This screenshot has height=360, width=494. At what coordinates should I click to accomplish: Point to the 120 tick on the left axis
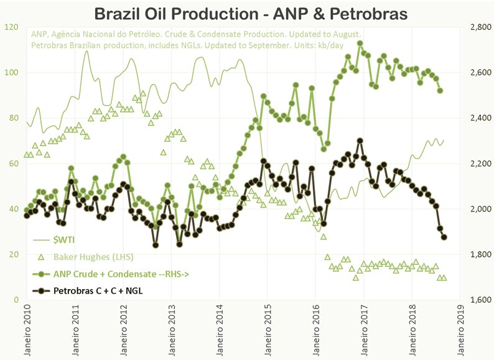11,27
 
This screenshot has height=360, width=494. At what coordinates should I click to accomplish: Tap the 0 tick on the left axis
15,300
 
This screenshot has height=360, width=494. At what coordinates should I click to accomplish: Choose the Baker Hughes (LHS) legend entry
90,256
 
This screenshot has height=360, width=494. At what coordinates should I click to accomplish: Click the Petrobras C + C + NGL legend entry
99,290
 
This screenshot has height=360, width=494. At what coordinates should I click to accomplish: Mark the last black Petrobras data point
444,236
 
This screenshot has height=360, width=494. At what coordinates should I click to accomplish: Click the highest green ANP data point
360,44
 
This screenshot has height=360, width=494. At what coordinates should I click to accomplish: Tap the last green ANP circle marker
440,91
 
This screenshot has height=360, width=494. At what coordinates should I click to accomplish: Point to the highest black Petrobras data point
360,141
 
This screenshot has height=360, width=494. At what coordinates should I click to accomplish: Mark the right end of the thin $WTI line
444,140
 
